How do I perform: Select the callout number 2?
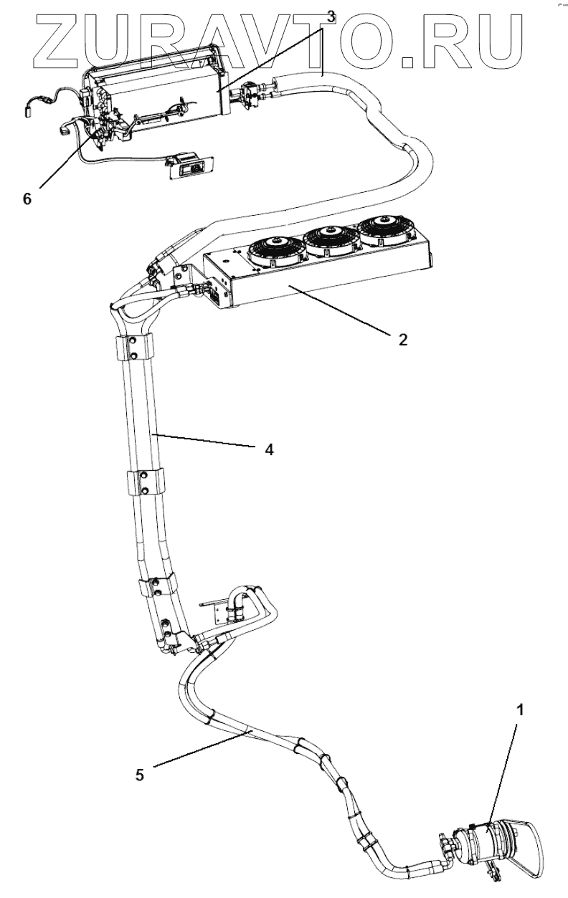(x=403, y=339)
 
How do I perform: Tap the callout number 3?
(x=330, y=15)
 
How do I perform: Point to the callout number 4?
(x=269, y=450)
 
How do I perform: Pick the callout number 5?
(x=141, y=774)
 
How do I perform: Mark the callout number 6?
(x=27, y=199)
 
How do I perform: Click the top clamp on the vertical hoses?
(x=133, y=349)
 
